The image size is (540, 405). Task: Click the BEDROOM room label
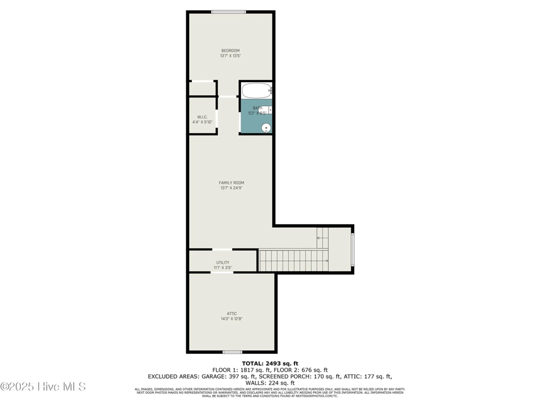click(230, 50)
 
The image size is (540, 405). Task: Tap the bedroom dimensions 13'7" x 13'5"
click(230, 56)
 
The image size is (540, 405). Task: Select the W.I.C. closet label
click(202, 117)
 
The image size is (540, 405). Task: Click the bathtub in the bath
click(256, 91)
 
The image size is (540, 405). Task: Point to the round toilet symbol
click(266, 128)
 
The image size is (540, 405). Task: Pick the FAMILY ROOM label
click(231, 183)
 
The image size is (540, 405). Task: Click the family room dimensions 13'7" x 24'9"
click(231, 188)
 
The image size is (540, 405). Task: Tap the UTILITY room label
click(223, 262)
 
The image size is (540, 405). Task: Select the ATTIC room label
click(232, 313)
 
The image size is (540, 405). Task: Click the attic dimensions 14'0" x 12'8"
click(232, 319)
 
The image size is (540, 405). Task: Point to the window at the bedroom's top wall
click(228, 12)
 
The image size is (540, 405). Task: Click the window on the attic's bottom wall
click(232, 352)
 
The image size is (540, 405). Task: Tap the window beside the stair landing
click(352, 249)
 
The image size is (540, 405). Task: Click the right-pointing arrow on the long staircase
click(327, 261)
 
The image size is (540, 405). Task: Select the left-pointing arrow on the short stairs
click(319, 238)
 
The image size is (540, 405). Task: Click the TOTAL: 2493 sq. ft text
click(270, 363)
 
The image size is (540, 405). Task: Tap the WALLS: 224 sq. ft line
click(270, 383)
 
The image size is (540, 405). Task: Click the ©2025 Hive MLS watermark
click(43, 387)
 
